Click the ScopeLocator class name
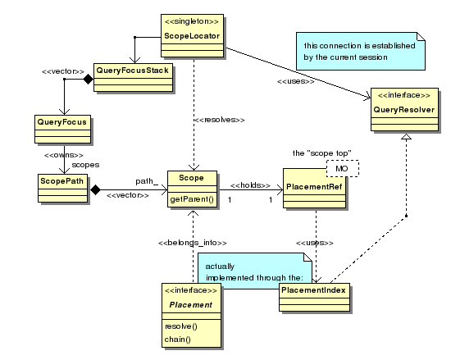click(x=192, y=36)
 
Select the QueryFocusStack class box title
click(x=132, y=71)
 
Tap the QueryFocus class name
click(x=61, y=122)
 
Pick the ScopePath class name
click(x=61, y=181)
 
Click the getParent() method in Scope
click(x=192, y=199)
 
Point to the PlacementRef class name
click(x=314, y=187)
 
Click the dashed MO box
click(x=343, y=168)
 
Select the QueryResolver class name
click(x=404, y=110)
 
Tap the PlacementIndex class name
click(x=313, y=290)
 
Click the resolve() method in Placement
click(x=181, y=326)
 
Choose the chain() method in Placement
click(x=177, y=339)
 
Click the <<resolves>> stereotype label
click(x=220, y=120)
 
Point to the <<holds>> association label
click(x=250, y=185)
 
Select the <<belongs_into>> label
click(x=193, y=243)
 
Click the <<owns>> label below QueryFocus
click(x=64, y=155)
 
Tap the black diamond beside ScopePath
click(x=95, y=189)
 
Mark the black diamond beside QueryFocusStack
click(x=89, y=79)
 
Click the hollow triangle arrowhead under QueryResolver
click(x=406, y=137)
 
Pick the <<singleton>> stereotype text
click(x=192, y=21)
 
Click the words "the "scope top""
click(x=322, y=153)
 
